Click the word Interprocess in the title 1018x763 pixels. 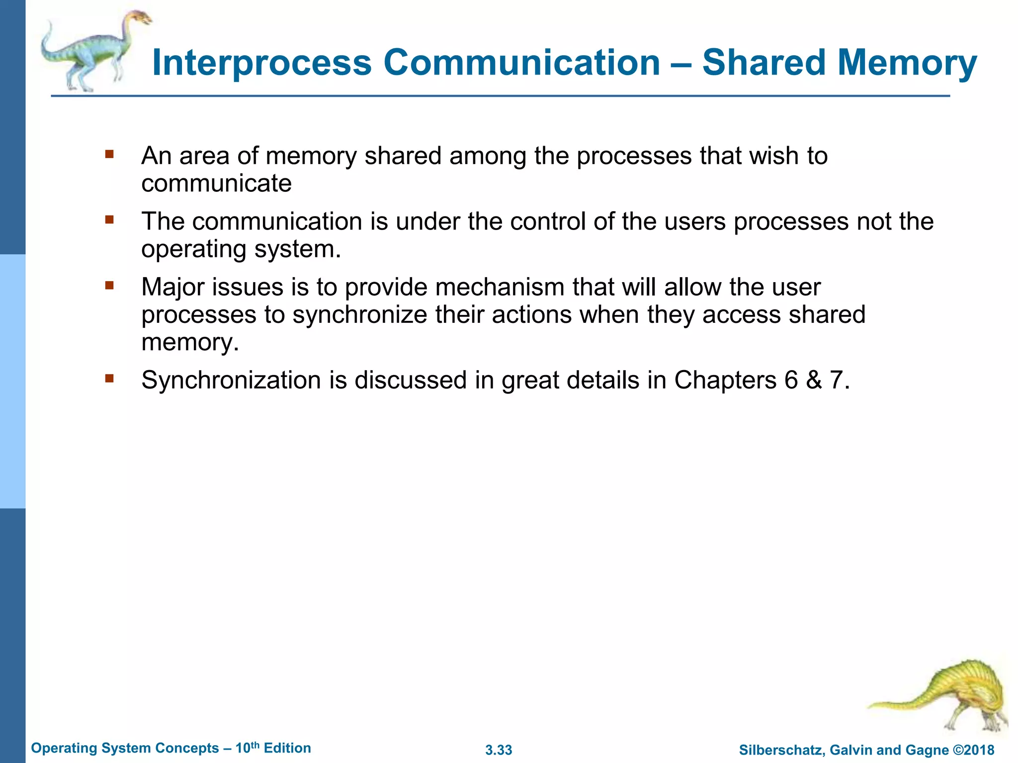pyautogui.click(x=262, y=63)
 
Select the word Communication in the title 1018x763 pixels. pyautogui.click(x=521, y=63)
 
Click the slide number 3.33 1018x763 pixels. pyautogui.click(x=499, y=750)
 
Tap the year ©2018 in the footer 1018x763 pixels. pyautogui.click(x=974, y=750)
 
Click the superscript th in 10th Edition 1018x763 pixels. pyautogui.click(x=254, y=745)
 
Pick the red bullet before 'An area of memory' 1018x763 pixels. pyautogui.click(x=109, y=154)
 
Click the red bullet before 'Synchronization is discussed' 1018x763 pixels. pyautogui.click(x=109, y=379)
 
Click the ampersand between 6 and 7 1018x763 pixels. pyautogui.click(x=814, y=381)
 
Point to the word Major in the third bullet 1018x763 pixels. pyautogui.click(x=172, y=287)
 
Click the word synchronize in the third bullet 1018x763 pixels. pyautogui.click(x=360, y=315)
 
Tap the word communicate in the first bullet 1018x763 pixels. pyautogui.click(x=216, y=184)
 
